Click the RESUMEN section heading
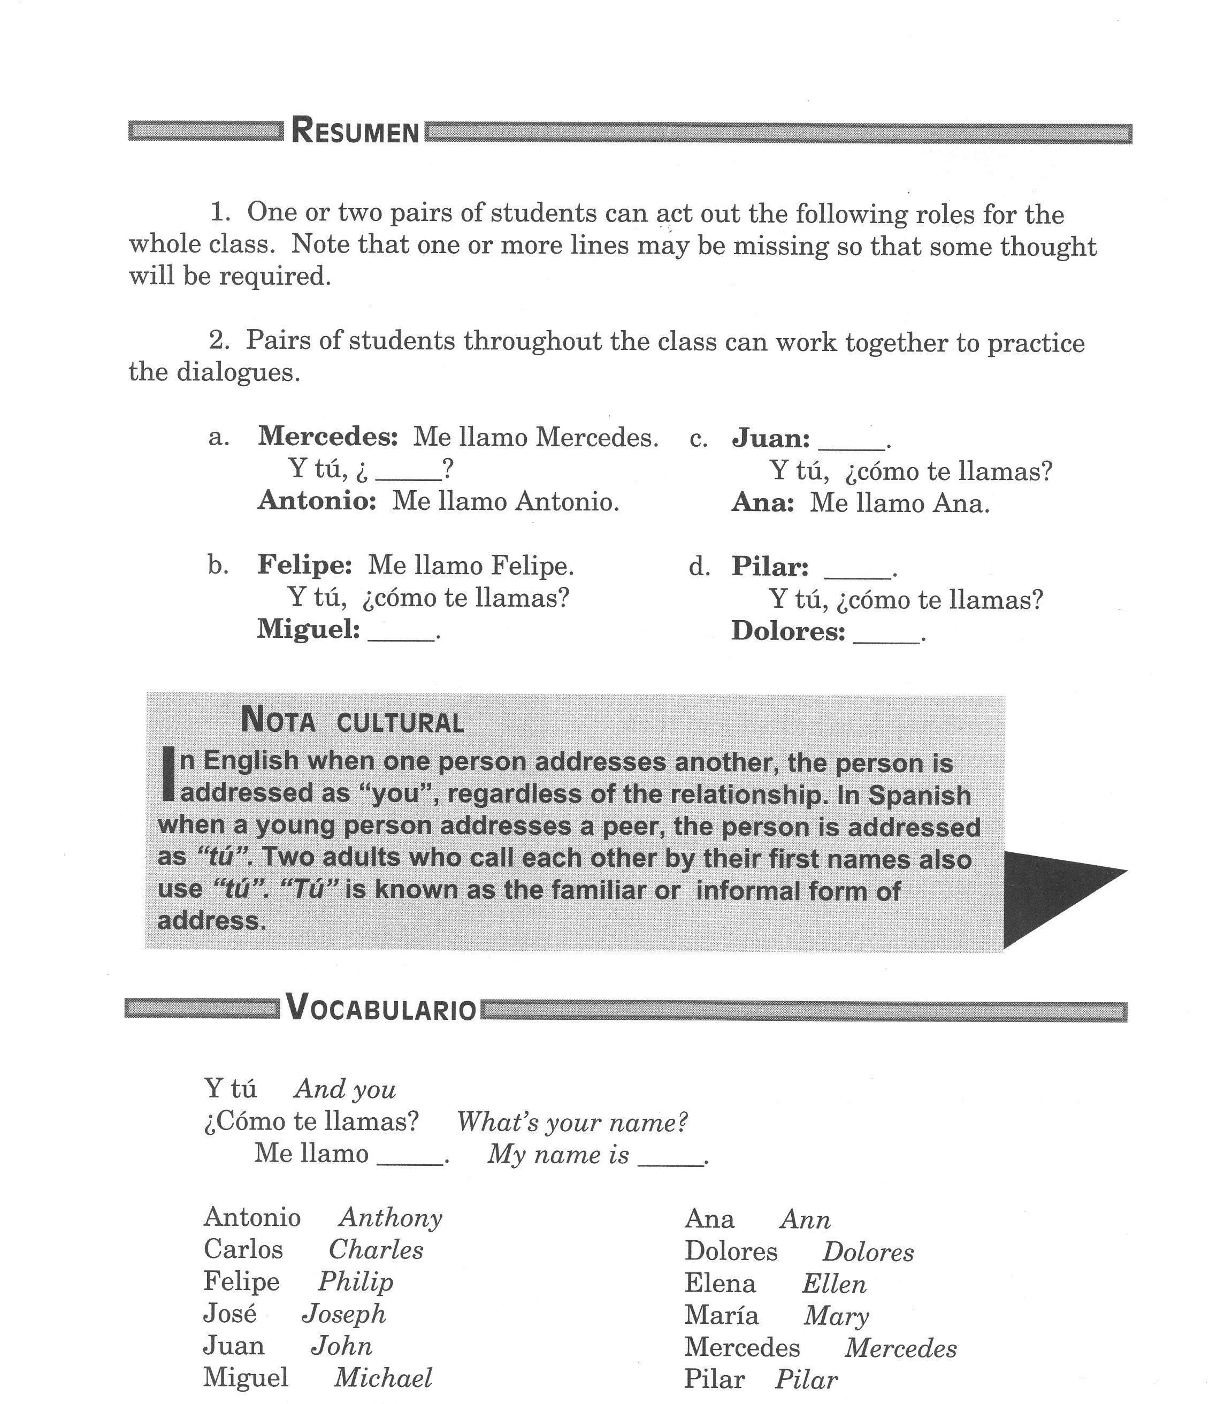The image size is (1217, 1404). (x=355, y=131)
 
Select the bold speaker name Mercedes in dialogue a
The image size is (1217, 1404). (x=327, y=436)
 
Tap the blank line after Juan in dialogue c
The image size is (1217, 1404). (x=852, y=446)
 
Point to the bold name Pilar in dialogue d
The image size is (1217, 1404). (x=769, y=567)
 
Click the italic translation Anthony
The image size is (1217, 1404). (x=391, y=1217)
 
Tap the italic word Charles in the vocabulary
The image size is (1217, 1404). (x=376, y=1249)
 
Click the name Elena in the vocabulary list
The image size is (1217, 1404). (x=720, y=1283)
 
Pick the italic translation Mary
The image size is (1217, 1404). (x=836, y=1316)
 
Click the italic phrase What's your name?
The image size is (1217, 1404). (x=572, y=1122)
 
